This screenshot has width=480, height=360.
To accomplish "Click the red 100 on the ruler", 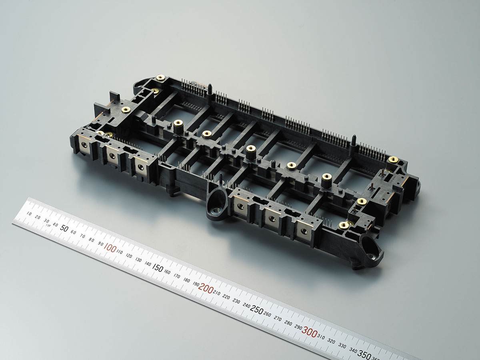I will point(110,248).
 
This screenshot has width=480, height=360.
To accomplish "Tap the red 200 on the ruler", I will point(206,288).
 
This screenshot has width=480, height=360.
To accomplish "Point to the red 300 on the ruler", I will point(310,331).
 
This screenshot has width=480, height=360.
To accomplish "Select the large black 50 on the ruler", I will point(64,228).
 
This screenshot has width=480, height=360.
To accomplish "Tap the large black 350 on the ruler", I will point(364,354).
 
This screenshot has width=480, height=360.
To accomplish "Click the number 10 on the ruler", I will point(29,214).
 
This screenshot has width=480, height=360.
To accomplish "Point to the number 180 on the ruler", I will point(186,280).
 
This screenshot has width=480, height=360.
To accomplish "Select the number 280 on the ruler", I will point(288,322).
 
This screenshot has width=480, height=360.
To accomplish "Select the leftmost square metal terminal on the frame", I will point(84,144).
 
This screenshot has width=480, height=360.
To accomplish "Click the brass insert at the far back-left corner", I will point(160,77).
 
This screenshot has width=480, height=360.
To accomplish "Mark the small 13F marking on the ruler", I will point(48,226).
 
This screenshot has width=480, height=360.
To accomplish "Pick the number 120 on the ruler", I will point(129,256).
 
